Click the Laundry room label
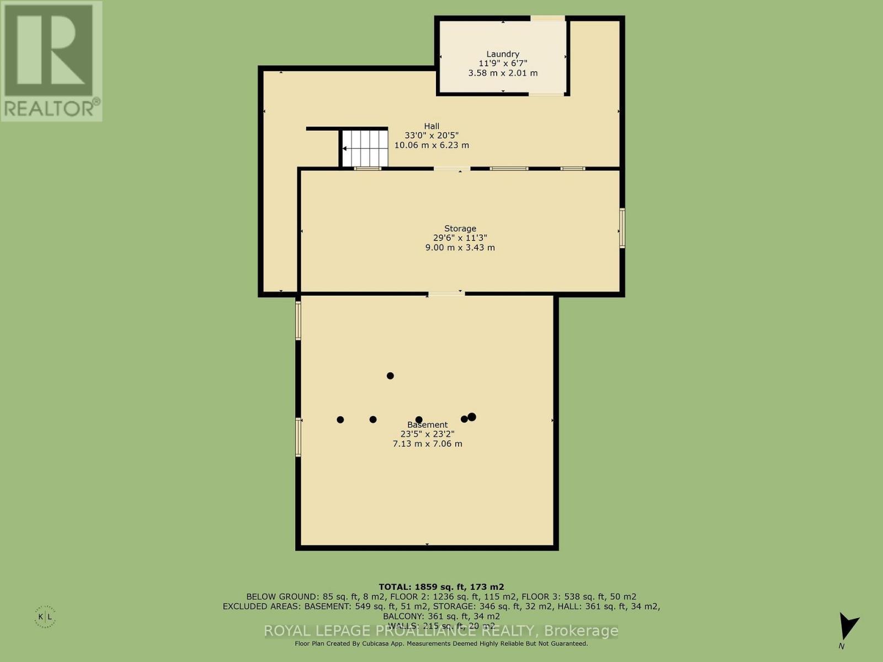[x=502, y=54]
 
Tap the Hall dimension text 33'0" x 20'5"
[x=432, y=136]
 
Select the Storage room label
[x=460, y=228]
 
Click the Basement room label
[x=427, y=425]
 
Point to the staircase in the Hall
[x=364, y=148]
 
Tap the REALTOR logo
[x=51, y=61]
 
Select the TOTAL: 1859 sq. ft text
[x=441, y=587]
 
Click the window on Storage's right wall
[x=622, y=228]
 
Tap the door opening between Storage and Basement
[x=446, y=293]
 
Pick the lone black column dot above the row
[x=390, y=376]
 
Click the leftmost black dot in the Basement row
[x=341, y=419]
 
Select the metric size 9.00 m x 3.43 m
[x=460, y=248]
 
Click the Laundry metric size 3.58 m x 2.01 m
[x=502, y=73]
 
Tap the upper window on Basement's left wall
[x=298, y=320]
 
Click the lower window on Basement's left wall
[x=298, y=437]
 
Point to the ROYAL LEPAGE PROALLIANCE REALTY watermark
[x=441, y=631]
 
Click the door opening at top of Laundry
[x=547, y=19]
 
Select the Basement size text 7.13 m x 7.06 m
[x=427, y=444]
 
